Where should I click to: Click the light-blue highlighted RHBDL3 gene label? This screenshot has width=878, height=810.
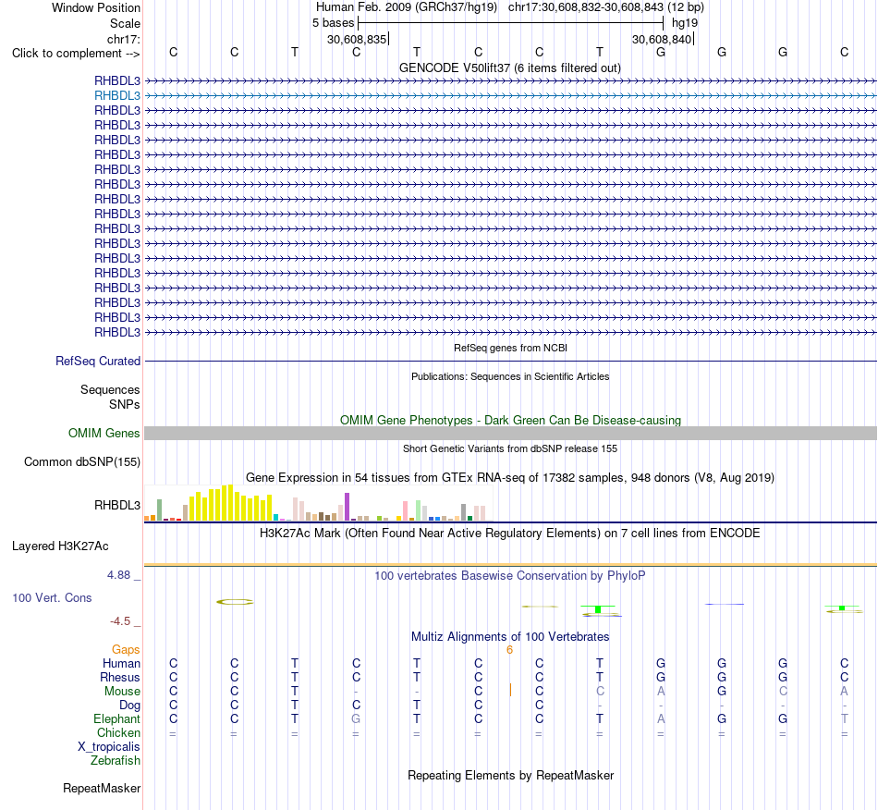[117, 96]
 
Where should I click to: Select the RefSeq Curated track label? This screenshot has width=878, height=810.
[98, 362]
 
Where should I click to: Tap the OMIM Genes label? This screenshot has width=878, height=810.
[104, 433]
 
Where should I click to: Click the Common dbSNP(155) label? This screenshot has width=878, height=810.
[82, 462]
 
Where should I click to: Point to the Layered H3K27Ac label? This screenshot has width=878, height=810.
[60, 546]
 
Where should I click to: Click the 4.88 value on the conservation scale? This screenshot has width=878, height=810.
[118, 575]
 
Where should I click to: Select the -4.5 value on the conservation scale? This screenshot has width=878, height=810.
[120, 621]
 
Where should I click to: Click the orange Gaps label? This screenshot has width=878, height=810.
[126, 650]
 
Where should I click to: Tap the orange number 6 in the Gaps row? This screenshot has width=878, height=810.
[509, 650]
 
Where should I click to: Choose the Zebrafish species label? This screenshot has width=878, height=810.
[116, 761]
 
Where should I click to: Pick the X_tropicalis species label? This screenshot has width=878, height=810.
[109, 747]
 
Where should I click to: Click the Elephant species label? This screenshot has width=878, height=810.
[117, 719]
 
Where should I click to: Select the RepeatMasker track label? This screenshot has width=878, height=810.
[102, 789]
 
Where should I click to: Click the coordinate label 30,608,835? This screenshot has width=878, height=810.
[357, 39]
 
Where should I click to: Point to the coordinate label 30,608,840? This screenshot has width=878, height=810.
[662, 39]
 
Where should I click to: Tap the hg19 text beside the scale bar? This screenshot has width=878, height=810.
[685, 23]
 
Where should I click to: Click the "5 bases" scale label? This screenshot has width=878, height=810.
[333, 23]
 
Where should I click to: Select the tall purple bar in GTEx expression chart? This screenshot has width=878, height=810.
[348, 507]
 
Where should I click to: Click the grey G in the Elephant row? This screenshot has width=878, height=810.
[356, 718]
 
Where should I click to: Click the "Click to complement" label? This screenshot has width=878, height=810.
[76, 54]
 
